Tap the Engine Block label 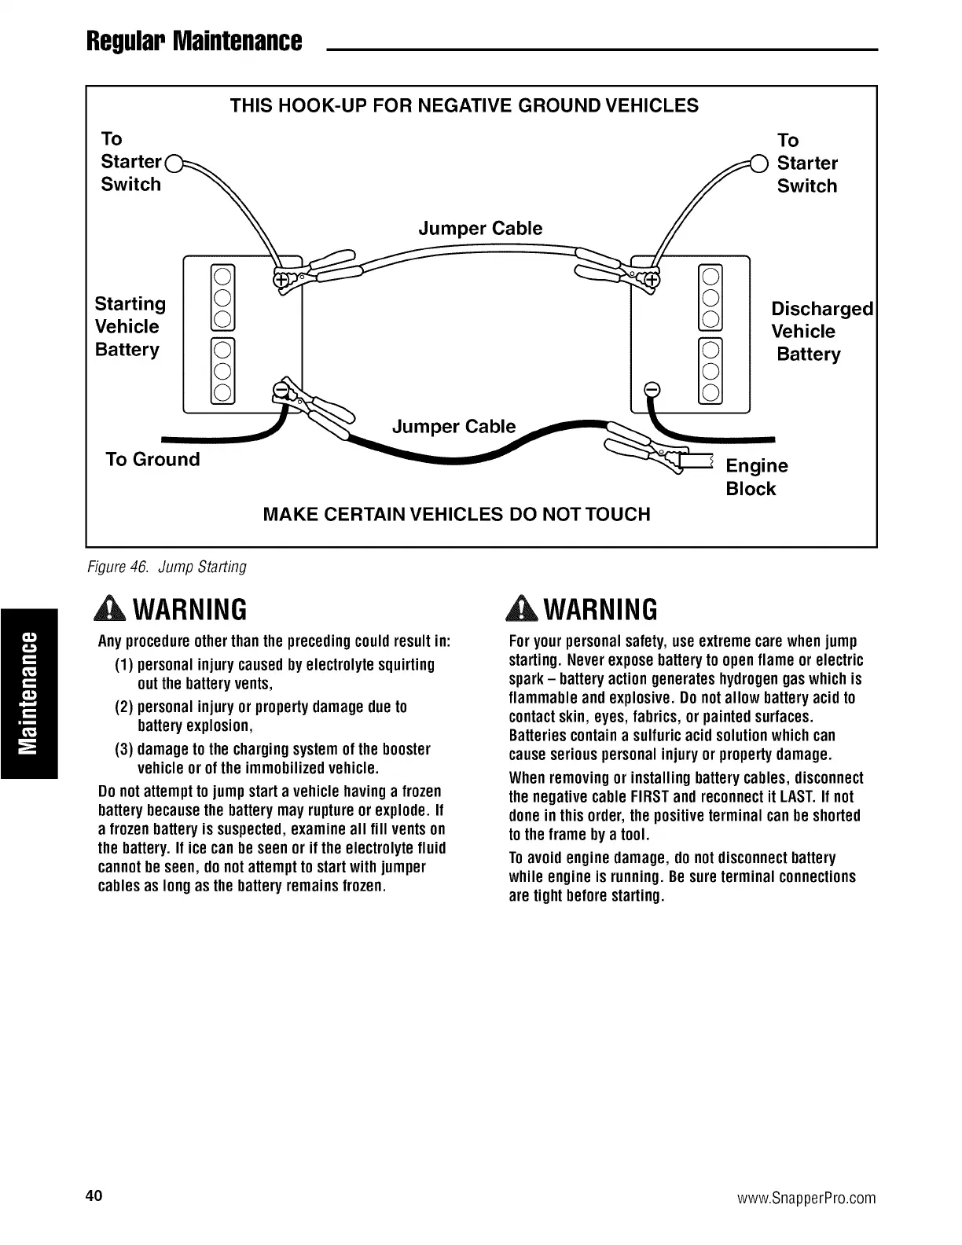pyautogui.click(x=755, y=477)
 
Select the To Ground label pyautogui.click(x=152, y=459)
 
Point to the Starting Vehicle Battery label pyautogui.click(x=130, y=326)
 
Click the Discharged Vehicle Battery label pyautogui.click(x=821, y=331)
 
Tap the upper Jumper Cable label pyautogui.click(x=480, y=229)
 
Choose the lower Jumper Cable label pyautogui.click(x=453, y=427)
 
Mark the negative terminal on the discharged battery pyautogui.click(x=651, y=390)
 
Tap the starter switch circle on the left pyautogui.click(x=175, y=164)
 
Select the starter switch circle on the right pyautogui.click(x=758, y=164)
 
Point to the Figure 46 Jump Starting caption pyautogui.click(x=172, y=567)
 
